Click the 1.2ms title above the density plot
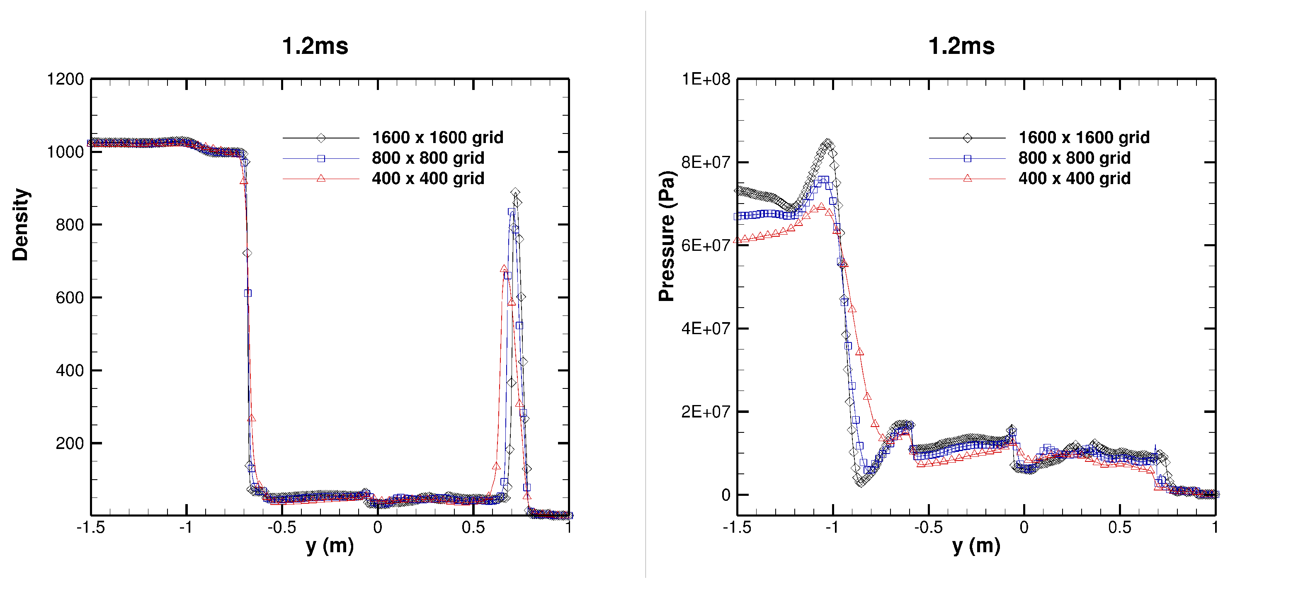(315, 46)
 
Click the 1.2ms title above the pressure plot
(961, 46)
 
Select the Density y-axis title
(21, 224)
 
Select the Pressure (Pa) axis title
(667, 236)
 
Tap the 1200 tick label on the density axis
(65, 80)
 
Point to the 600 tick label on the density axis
(69, 298)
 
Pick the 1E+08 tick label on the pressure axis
(706, 80)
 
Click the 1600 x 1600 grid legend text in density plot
(437, 138)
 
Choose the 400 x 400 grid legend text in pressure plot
(1075, 179)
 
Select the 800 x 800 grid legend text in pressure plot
(1075, 158)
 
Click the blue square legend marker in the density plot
(321, 158)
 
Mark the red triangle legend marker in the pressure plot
(967, 178)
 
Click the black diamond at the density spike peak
(515, 192)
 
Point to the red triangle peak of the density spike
(504, 269)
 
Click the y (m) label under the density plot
(330, 546)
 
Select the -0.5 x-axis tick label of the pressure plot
(928, 528)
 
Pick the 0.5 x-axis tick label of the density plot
(473, 528)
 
